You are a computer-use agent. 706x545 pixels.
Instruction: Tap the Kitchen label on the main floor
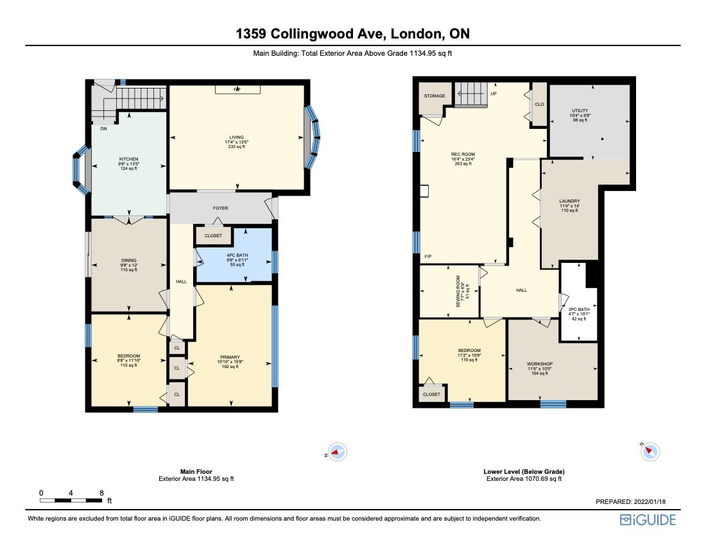pos(128,160)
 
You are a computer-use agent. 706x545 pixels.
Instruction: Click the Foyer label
pos(220,208)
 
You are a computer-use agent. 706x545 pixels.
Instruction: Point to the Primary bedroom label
pos(230,357)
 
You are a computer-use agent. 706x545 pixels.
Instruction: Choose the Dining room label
pos(128,260)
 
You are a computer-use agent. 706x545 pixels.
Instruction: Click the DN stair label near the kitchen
pos(103,129)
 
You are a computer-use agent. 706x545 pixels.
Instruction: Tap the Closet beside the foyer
pos(213,236)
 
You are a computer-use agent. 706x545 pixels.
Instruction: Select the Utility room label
pos(580,111)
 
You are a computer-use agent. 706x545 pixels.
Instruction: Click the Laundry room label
pos(569,201)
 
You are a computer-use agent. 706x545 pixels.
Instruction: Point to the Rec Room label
pos(462,155)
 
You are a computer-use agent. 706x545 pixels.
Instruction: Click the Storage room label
pos(435,96)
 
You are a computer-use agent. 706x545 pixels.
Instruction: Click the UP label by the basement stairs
pos(494,94)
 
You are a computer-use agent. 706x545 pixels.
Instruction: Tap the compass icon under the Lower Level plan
pos(650,452)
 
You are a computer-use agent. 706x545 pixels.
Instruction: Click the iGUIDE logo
pos(648,519)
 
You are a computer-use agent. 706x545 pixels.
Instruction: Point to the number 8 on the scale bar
pos(101,492)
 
